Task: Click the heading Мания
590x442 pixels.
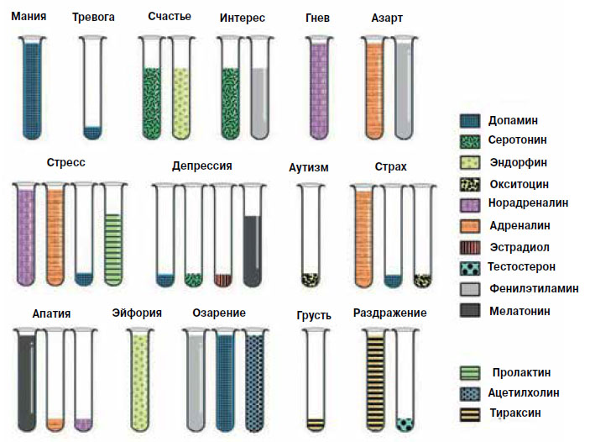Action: (x=29, y=17)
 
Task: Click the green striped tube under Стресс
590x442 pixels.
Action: (x=113, y=235)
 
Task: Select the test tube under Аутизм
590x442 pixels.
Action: (x=311, y=235)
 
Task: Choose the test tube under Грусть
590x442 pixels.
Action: (x=316, y=378)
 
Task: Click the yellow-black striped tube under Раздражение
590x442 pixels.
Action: (x=375, y=378)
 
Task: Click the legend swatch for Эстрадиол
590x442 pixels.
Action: (x=472, y=247)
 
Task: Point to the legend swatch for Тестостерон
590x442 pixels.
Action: (x=472, y=268)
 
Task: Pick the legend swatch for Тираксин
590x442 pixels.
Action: (x=472, y=413)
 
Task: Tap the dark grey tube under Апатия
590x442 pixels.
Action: (x=28, y=378)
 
